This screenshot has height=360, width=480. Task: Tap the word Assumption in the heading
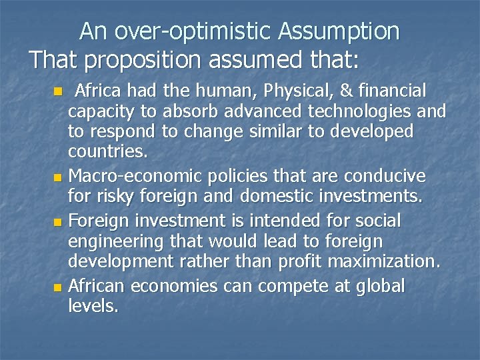339,31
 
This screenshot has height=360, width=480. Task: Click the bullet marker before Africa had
59,91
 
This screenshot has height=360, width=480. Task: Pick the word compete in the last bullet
284,286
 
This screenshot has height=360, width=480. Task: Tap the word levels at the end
93,307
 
